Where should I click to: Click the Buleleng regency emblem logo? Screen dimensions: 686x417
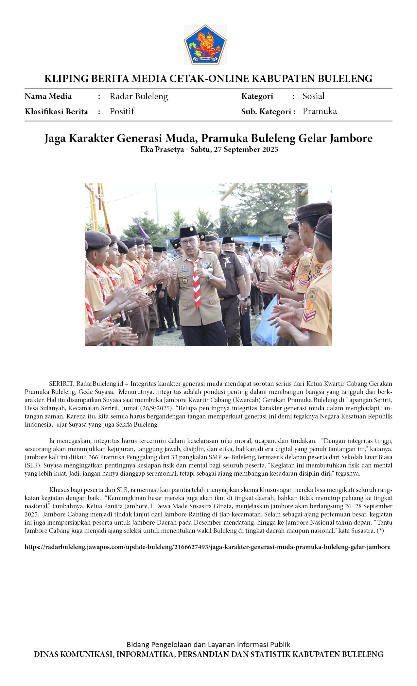click(x=205, y=44)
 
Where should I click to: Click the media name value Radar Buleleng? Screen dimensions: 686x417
click(x=139, y=96)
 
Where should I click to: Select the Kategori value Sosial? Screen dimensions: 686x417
click(x=313, y=96)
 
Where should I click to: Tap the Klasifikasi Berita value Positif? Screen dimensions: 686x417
click(x=122, y=111)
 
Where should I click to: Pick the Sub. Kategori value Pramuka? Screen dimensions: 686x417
click(x=320, y=111)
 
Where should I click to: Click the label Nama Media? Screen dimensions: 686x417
click(x=48, y=96)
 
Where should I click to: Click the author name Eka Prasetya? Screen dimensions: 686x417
click(x=162, y=150)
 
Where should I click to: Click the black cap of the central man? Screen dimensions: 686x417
click(x=188, y=232)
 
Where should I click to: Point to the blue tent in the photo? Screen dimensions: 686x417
click(x=265, y=323)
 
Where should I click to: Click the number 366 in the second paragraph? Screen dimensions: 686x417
click(x=94, y=457)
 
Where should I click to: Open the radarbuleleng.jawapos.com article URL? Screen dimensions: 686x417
click(x=207, y=547)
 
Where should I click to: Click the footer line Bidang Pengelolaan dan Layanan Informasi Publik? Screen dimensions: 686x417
click(x=208, y=645)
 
